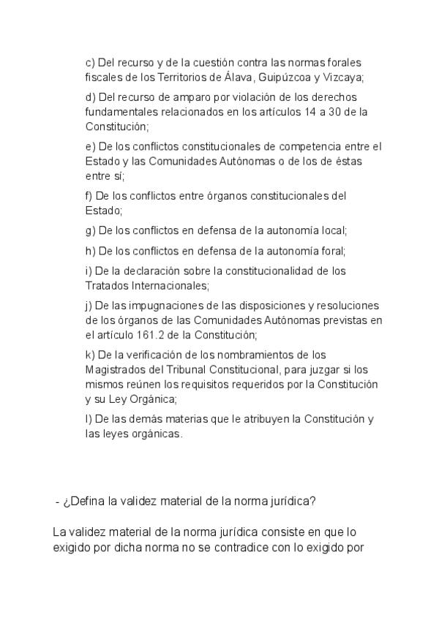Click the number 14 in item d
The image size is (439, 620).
(310, 111)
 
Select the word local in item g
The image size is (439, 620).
(334, 230)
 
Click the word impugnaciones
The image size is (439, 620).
(160, 306)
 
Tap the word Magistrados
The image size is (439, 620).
(116, 369)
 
